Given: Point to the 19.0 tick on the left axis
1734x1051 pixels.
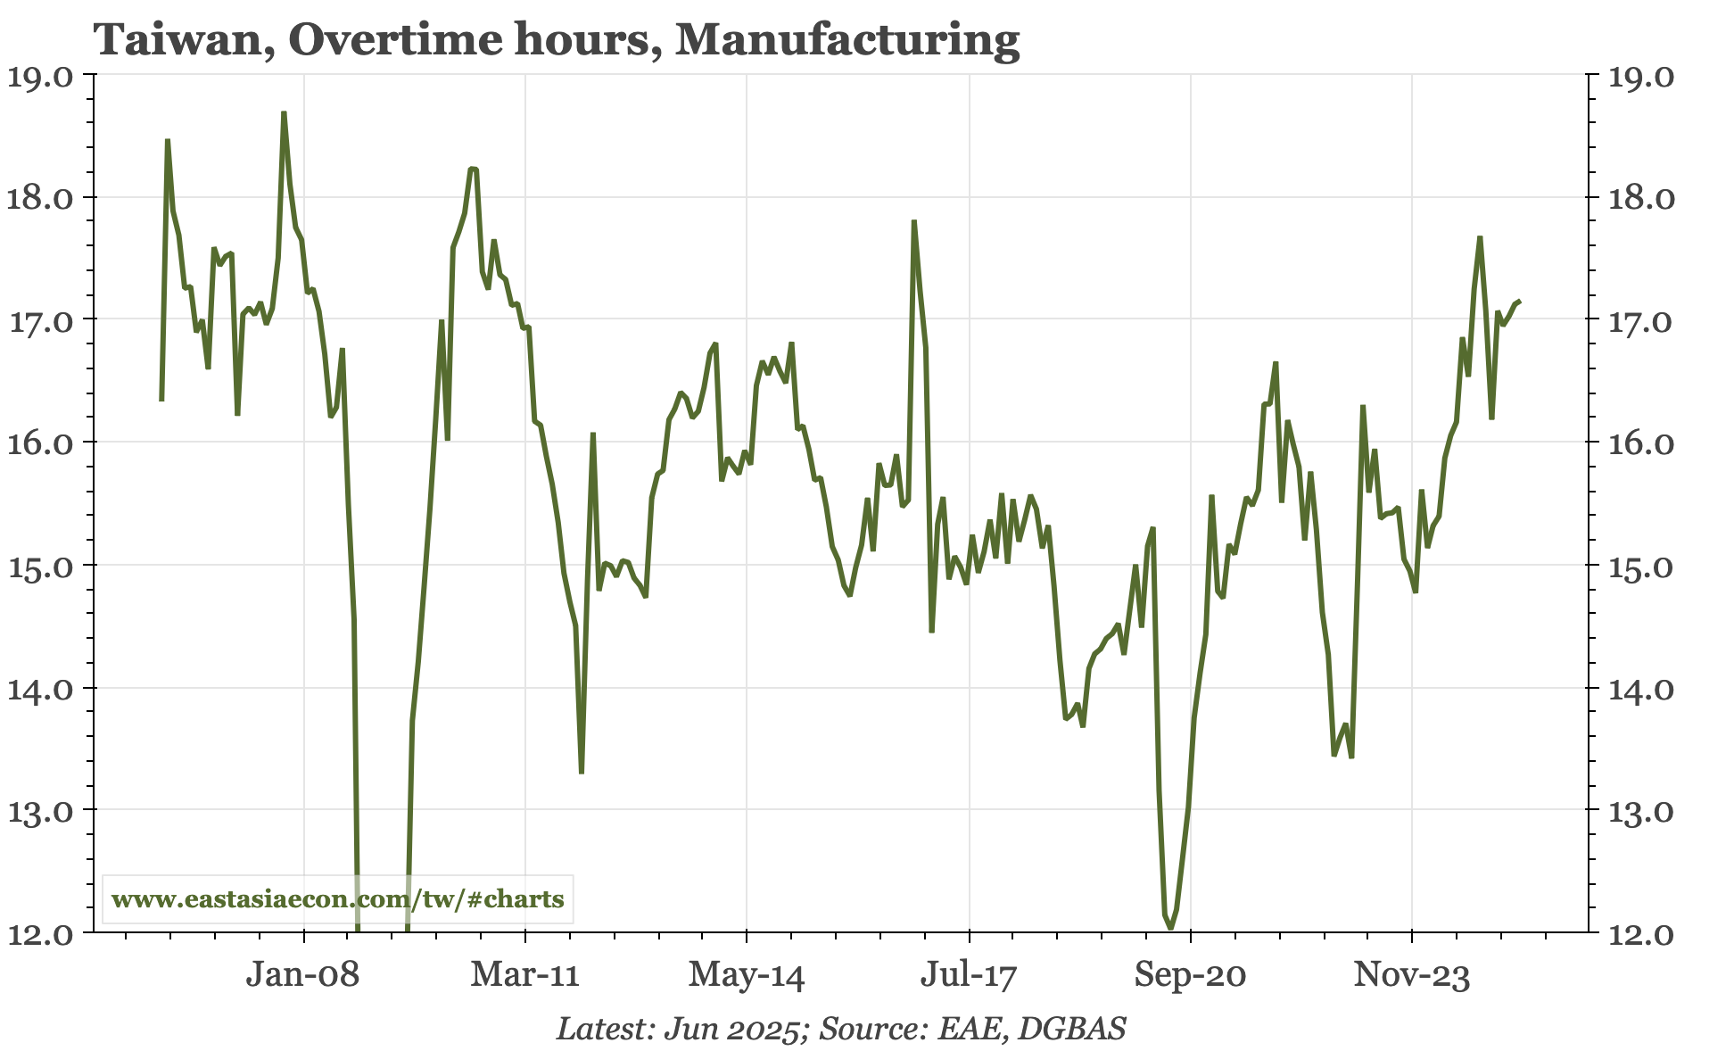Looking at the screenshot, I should [41, 76].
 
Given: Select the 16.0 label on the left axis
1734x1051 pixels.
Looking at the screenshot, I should [41, 443].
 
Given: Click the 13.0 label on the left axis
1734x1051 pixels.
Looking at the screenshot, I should [41, 811].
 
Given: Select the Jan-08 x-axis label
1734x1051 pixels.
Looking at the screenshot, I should [303, 975].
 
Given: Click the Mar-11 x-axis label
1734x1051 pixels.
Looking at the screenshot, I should [525, 975].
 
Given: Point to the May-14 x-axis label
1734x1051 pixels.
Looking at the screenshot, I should [747, 975].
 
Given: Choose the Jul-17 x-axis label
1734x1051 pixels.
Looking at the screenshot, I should [969, 975].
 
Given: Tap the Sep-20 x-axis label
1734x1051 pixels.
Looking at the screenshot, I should [1190, 975].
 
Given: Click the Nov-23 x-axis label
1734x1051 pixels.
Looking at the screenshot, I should [1412, 975].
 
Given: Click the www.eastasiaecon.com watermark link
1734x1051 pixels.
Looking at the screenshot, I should [338, 898].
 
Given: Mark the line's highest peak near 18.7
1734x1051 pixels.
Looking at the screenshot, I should [284, 113].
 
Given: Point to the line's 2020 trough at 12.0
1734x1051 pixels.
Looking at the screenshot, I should [1170, 928].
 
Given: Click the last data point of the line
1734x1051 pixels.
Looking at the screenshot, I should [1518, 302].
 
